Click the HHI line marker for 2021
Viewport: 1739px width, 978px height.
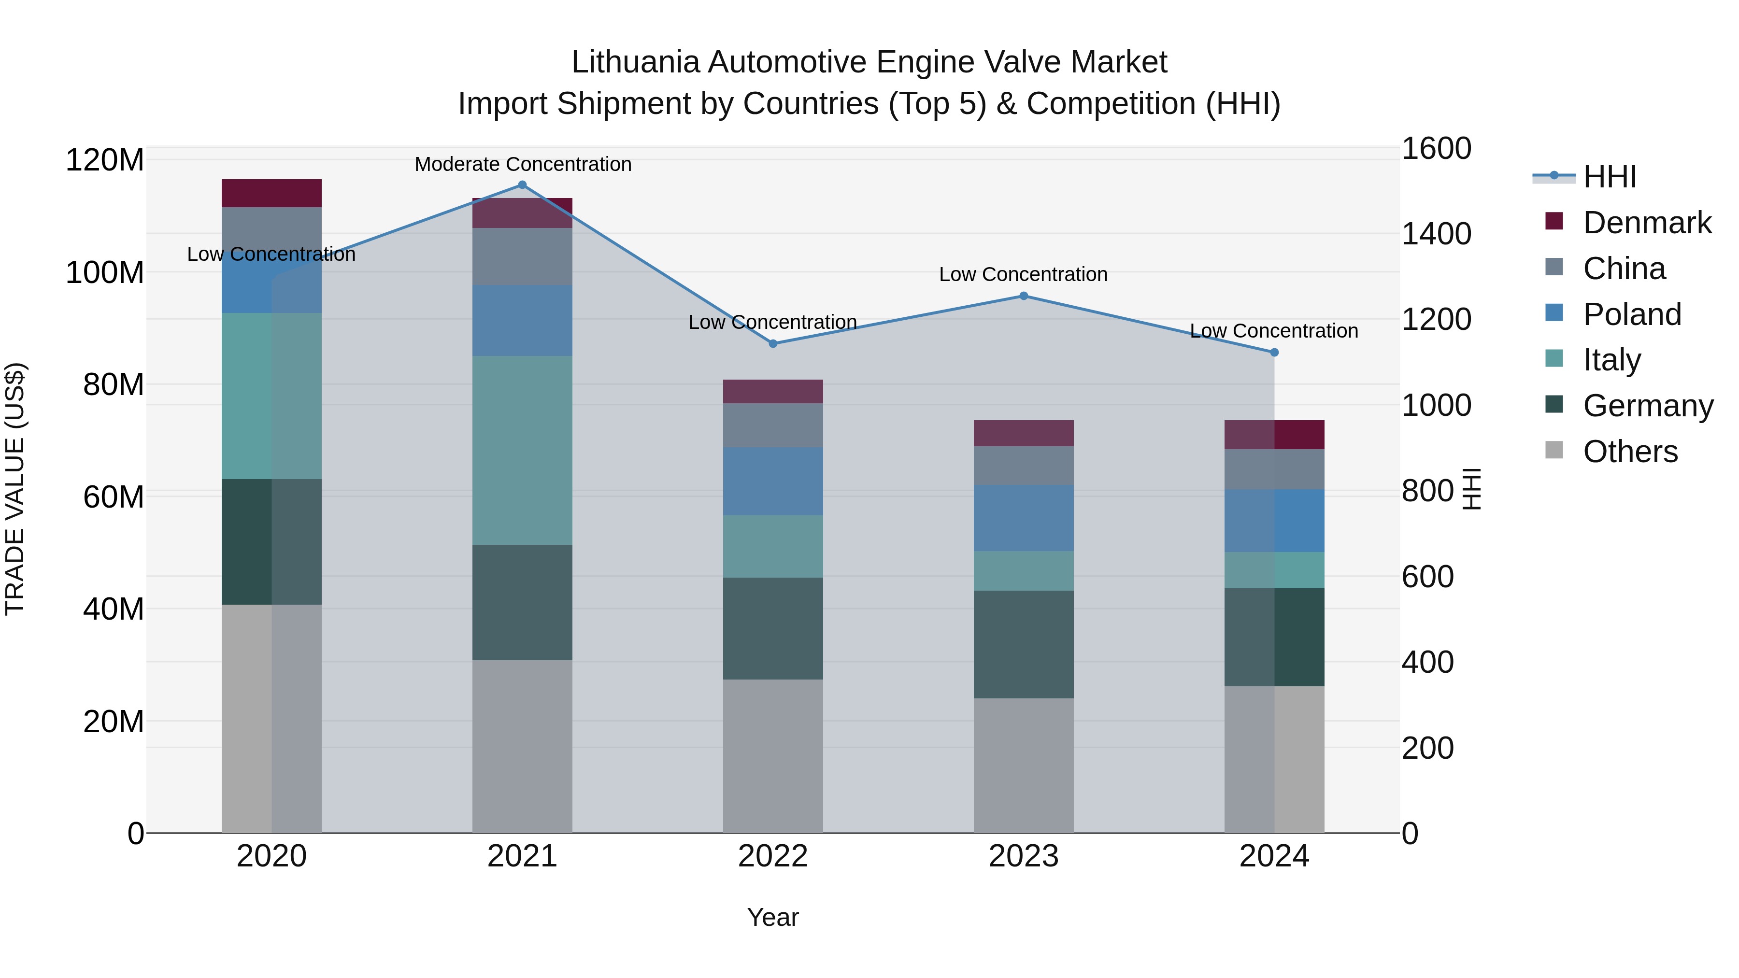click(522, 185)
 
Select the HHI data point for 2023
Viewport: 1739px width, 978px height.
click(1024, 296)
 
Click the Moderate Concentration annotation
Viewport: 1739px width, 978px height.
click(523, 164)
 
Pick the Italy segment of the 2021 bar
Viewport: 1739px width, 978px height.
click(522, 450)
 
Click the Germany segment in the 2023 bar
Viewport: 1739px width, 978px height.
click(1024, 645)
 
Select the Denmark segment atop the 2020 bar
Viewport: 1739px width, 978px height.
click(271, 193)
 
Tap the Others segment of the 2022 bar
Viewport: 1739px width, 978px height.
click(773, 756)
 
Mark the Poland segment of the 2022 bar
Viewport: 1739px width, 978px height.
click(773, 481)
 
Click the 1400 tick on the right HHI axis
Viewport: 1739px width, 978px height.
click(1436, 234)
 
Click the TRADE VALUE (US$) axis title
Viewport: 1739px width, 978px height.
click(15, 489)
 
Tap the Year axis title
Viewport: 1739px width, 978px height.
click(773, 917)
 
